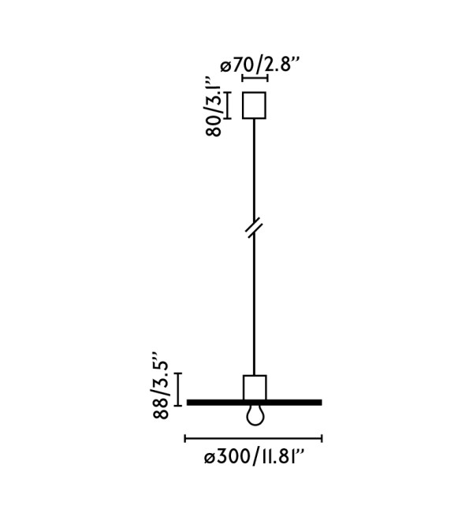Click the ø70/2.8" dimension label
click(260, 65)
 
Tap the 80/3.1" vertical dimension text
click(214, 107)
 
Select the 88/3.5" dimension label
click(161, 386)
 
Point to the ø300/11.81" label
click(254, 458)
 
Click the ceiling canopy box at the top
click(254, 105)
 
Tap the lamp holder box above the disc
click(255, 388)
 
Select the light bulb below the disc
click(255, 415)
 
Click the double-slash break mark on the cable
click(255, 229)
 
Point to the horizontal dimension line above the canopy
click(255, 79)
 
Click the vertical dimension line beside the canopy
click(227, 105)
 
